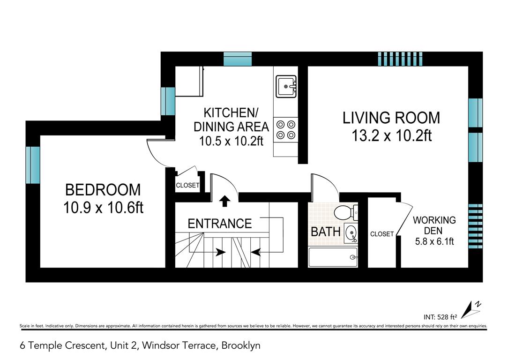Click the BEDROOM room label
coord(103,190)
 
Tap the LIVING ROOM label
coord(391,118)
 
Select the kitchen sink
coord(286,87)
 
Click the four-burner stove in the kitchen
coord(286,129)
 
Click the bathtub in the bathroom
coord(333,257)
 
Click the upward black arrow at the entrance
coord(224,201)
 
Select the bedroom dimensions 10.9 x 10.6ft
coord(103,207)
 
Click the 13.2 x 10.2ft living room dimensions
coord(391,135)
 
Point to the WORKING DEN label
coord(434,225)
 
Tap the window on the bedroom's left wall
coord(33,165)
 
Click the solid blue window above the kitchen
coord(238,59)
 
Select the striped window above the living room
coord(400,59)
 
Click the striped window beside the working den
coord(476,226)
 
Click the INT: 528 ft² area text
coord(441,317)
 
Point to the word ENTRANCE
coord(220,224)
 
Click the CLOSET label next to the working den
coord(382,234)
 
